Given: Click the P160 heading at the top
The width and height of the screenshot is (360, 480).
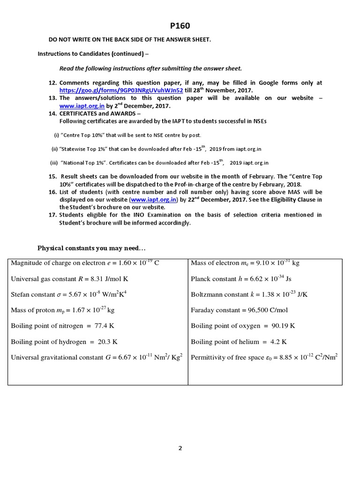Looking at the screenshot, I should pyautogui.click(x=180, y=26).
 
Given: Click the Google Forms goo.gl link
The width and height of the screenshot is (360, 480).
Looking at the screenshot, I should pyautogui.click(x=121, y=90).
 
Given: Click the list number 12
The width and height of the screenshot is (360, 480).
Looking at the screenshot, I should pyautogui.click(x=52, y=83).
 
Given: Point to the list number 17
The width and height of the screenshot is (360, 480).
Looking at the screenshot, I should pyautogui.click(x=52, y=215).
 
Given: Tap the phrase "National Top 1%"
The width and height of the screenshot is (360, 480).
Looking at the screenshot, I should pyautogui.click(x=84, y=163).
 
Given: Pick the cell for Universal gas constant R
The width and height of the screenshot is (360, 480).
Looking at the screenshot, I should pyautogui.click(x=69, y=279).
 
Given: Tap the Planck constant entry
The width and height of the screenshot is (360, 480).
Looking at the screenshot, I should pyautogui.click(x=241, y=279).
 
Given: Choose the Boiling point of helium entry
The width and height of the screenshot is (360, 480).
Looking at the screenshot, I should pyautogui.click(x=239, y=341).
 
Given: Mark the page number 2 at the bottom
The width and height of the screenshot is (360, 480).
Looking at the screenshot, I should pyautogui.click(x=180, y=448).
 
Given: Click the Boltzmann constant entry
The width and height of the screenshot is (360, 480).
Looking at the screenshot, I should pyautogui.click(x=249, y=294).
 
